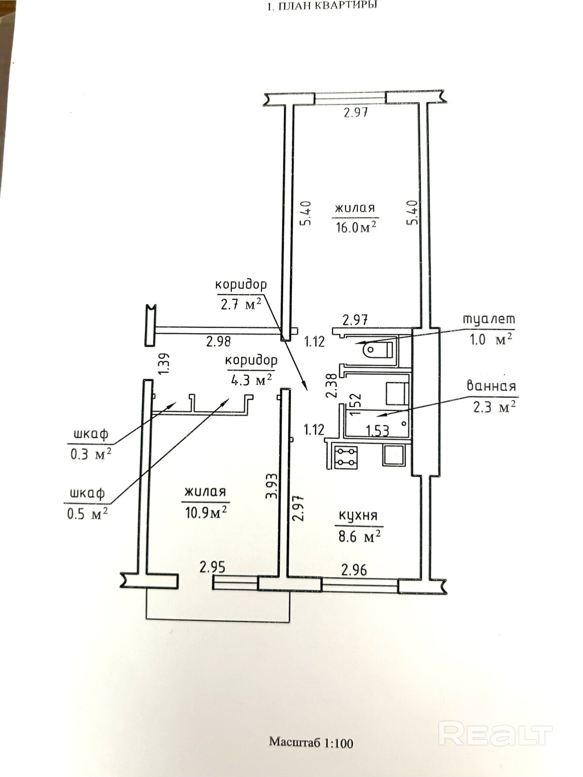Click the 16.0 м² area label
pos(356,227)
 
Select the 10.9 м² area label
pos(206,512)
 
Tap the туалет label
pos(489,320)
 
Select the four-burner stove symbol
pos(345,457)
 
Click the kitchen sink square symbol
pos(393,456)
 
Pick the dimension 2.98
pos(218,341)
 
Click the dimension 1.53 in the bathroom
pos(377,430)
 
